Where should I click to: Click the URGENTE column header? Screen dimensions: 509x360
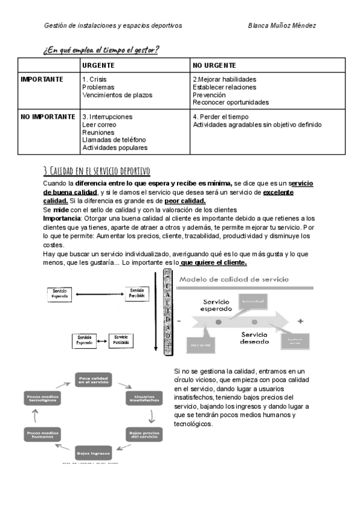(98, 65)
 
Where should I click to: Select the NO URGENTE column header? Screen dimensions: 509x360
(214, 65)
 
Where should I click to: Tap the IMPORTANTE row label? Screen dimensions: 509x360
(42, 79)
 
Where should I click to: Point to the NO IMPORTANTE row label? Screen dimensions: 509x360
(48, 116)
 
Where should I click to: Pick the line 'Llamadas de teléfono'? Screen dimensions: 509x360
(114, 140)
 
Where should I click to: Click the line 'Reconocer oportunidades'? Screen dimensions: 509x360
(230, 103)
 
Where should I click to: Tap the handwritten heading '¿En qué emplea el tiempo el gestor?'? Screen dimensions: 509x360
(101, 49)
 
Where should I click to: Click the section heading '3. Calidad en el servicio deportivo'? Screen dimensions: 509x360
(97, 170)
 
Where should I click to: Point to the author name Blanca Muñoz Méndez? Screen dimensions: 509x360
(282, 25)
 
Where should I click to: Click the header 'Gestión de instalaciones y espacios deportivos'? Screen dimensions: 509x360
(113, 25)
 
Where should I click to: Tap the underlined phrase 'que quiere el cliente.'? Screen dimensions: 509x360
(214, 263)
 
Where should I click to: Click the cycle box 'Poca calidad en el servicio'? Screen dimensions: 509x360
(94, 379)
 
